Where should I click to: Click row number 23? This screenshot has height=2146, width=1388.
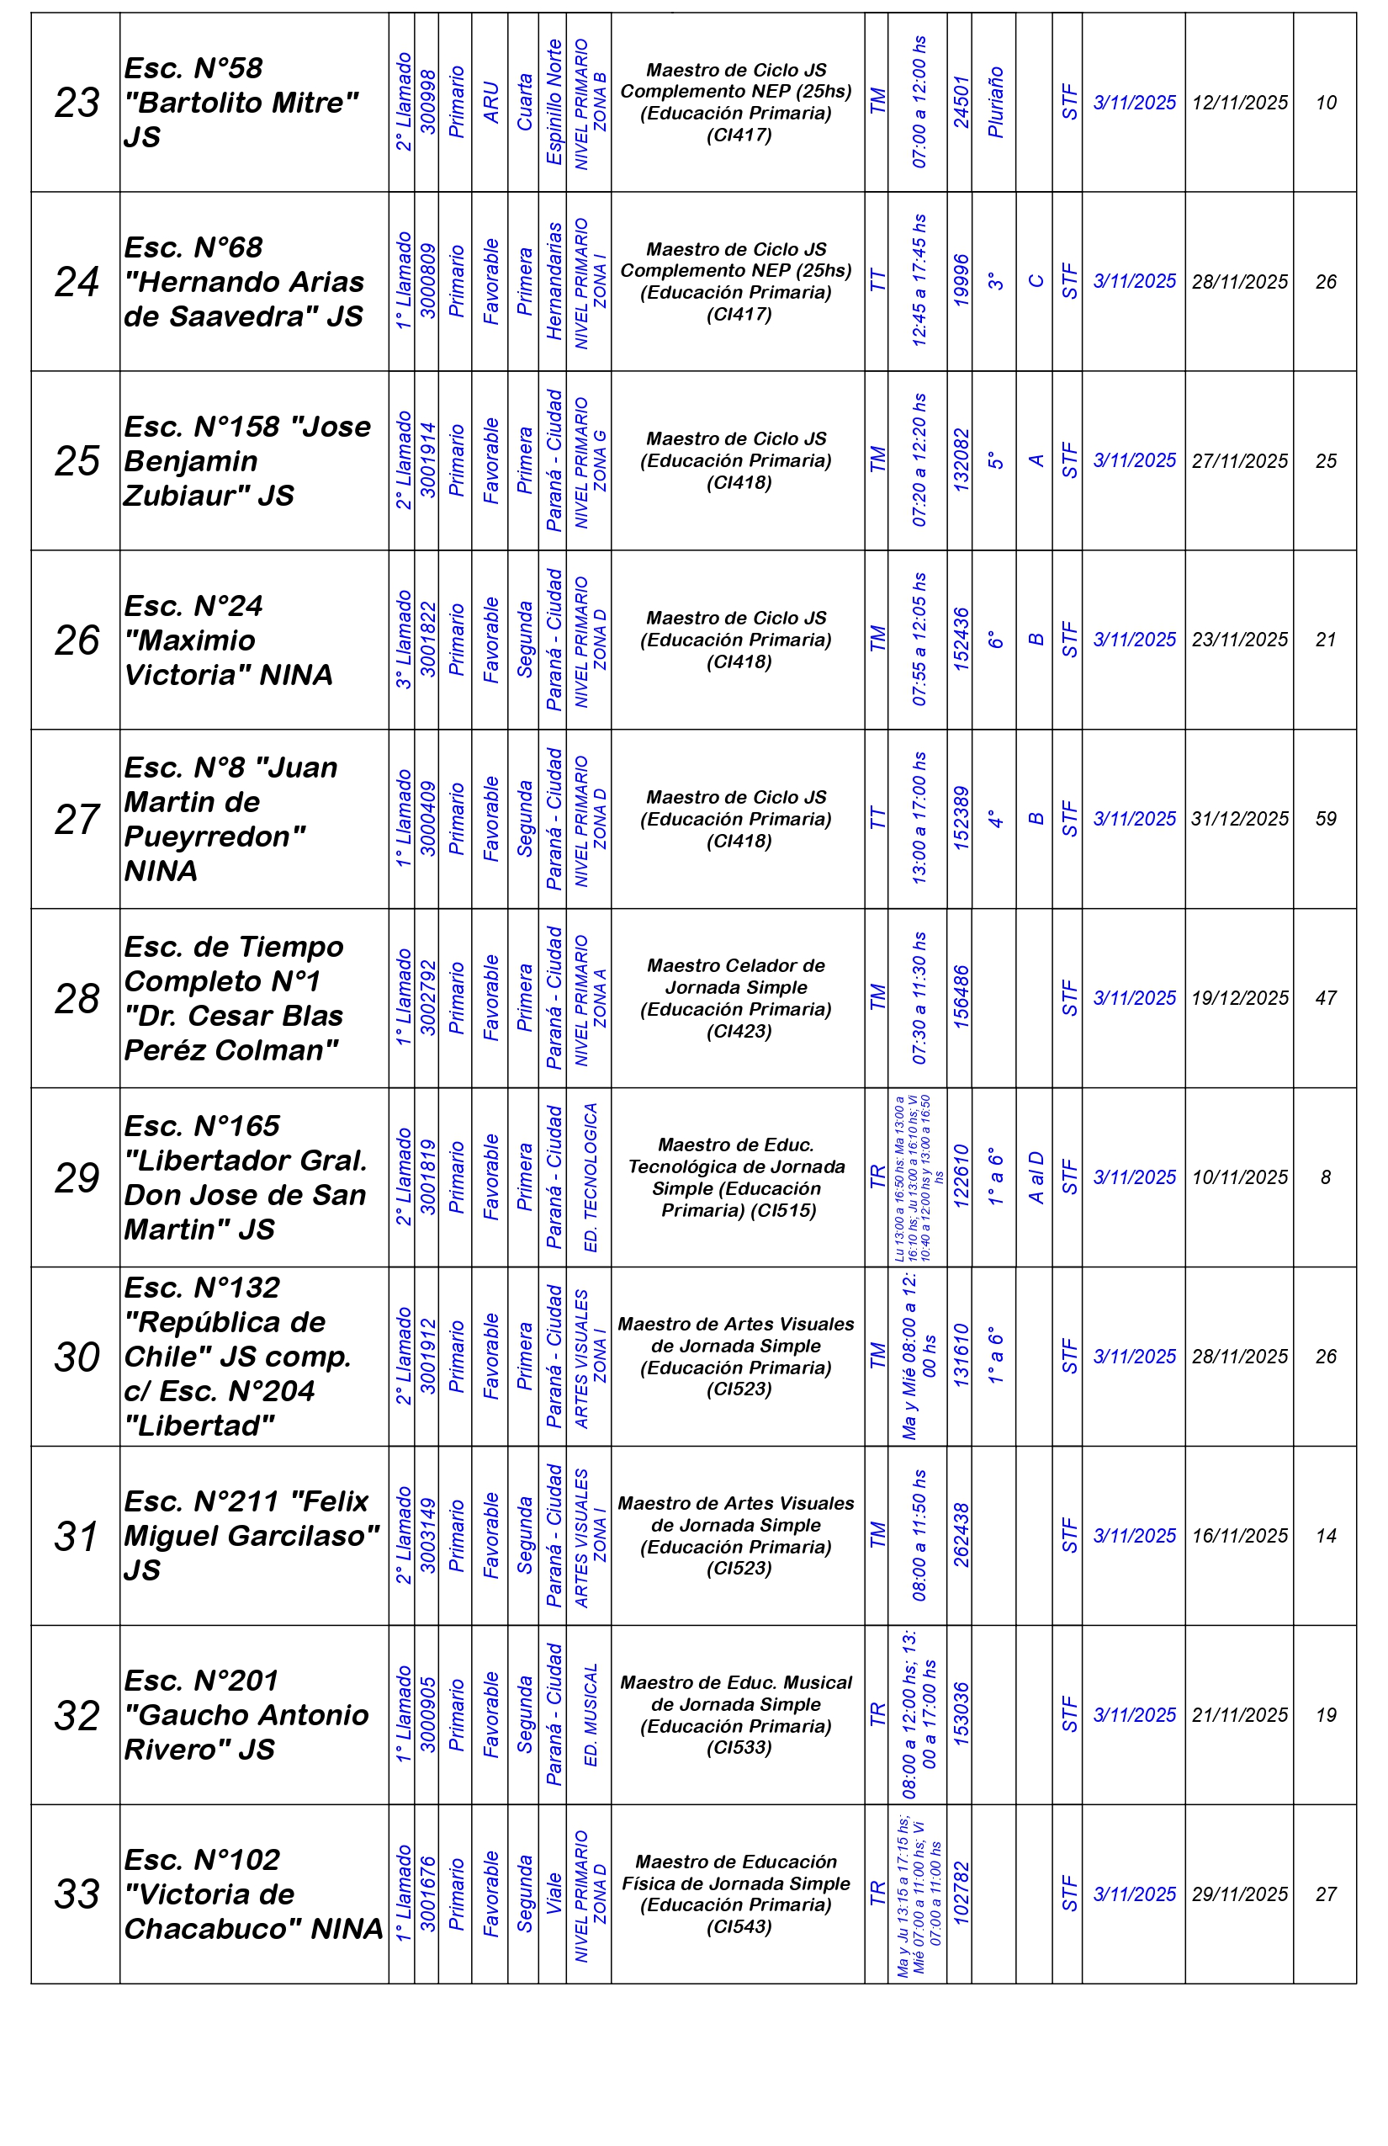(x=77, y=103)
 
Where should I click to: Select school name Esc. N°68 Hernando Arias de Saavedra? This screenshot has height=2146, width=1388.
(x=243, y=281)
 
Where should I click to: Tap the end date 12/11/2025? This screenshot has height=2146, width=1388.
(x=1239, y=103)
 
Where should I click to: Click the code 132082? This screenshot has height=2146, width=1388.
(x=961, y=461)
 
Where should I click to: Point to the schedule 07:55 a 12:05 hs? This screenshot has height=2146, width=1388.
(x=919, y=640)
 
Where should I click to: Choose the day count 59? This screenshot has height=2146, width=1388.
(x=1325, y=819)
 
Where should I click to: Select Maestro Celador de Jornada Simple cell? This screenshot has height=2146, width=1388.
(x=736, y=998)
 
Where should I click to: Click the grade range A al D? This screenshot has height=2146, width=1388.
(x=1036, y=1177)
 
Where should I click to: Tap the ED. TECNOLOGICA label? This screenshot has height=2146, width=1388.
(x=591, y=1177)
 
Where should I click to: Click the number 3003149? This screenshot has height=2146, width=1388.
(x=428, y=1536)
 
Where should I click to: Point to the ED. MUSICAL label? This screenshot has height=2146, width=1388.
(x=591, y=1715)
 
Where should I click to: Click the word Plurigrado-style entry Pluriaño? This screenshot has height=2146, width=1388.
(x=995, y=103)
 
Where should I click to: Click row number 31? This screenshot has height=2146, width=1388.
(x=77, y=1536)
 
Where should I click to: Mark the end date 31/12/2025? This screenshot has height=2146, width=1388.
(x=1239, y=819)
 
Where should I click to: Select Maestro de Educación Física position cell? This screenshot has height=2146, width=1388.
(x=736, y=1894)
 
